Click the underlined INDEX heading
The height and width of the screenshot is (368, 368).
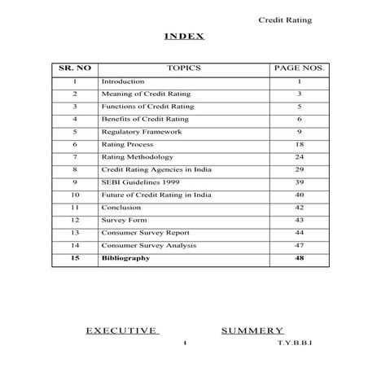[x=184, y=37]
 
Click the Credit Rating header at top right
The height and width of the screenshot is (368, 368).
[x=285, y=20]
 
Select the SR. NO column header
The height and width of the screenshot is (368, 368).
[x=74, y=68]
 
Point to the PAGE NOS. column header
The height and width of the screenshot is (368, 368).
[x=299, y=68]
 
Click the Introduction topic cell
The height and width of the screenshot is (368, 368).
[x=123, y=81]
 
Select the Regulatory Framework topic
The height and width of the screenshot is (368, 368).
[x=141, y=131]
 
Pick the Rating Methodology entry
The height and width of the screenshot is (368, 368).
[x=137, y=156]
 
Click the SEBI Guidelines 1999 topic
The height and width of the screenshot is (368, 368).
[x=140, y=182]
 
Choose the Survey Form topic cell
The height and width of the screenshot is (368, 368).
[x=123, y=220]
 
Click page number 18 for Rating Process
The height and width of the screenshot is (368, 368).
[x=299, y=144]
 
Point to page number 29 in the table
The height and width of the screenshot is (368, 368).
[x=299, y=169]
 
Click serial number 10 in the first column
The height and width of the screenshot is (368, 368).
[x=74, y=195]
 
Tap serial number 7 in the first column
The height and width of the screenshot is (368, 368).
[x=74, y=156]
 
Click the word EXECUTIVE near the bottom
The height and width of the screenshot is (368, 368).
[x=122, y=331]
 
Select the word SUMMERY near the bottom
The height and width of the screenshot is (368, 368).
[x=252, y=331]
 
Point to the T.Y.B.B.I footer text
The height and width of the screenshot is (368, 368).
[x=295, y=344]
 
